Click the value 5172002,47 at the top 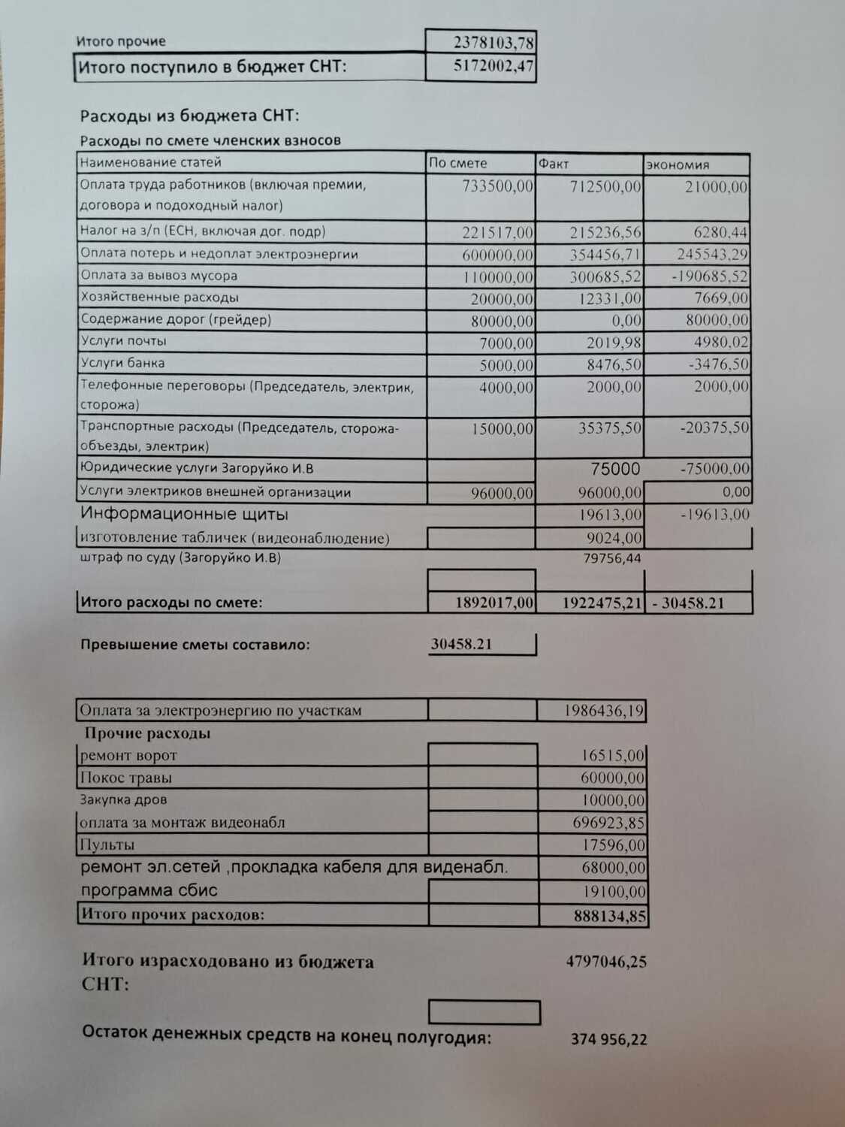click(493, 66)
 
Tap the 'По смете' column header click(458, 163)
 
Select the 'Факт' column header click(554, 163)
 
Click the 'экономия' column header click(678, 165)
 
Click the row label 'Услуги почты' click(123, 341)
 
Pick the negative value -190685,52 click(710, 276)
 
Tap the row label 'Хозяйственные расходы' click(159, 298)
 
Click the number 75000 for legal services click(615, 469)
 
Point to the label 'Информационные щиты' click(184, 515)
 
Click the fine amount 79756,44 click(612, 557)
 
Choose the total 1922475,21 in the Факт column click(601, 603)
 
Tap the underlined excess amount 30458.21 click(462, 644)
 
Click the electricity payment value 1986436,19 click(604, 711)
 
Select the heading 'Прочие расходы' click(147, 733)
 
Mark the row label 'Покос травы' click(126, 778)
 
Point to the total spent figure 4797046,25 click(606, 962)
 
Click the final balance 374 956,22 click(608, 1040)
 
